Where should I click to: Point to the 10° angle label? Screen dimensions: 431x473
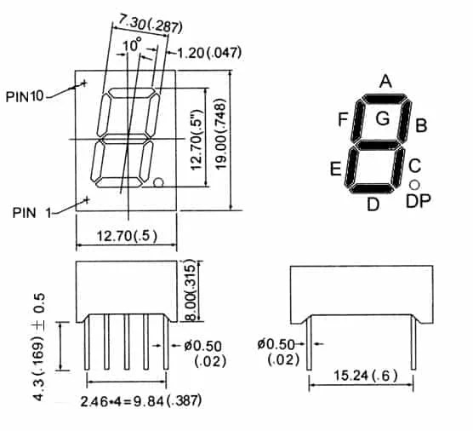click(x=132, y=45)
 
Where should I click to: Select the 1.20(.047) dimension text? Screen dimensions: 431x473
click(x=209, y=53)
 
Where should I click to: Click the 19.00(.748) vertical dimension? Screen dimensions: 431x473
click(x=221, y=139)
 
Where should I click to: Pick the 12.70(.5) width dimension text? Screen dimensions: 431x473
click(x=126, y=236)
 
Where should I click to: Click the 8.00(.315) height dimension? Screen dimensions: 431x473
click(x=191, y=291)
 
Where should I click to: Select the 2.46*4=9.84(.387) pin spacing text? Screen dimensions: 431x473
click(x=140, y=399)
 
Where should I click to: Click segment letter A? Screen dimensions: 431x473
click(x=385, y=82)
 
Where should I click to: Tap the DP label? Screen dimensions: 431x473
click(x=418, y=201)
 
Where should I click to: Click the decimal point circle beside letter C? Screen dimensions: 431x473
click(x=414, y=184)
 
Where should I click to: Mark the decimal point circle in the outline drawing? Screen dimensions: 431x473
click(x=159, y=181)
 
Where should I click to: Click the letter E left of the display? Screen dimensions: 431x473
click(x=336, y=169)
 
